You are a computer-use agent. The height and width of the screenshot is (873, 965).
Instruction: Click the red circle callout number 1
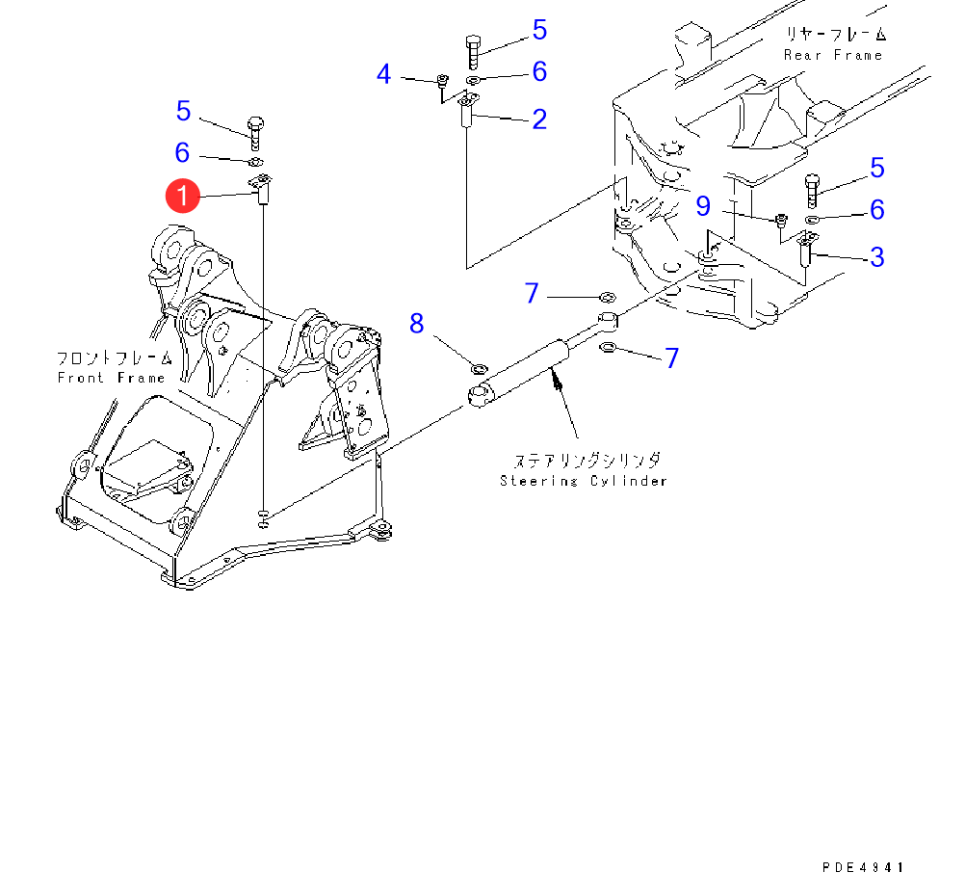(183, 196)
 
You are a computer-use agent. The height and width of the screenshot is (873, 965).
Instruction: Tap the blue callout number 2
(539, 119)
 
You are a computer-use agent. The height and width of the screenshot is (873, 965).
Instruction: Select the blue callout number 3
(877, 257)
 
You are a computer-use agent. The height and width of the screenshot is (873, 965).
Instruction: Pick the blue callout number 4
(383, 74)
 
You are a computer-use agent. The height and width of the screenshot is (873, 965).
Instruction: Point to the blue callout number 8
(417, 324)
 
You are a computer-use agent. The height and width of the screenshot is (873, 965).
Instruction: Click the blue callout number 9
(703, 206)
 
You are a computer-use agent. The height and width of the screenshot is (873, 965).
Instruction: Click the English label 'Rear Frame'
(833, 56)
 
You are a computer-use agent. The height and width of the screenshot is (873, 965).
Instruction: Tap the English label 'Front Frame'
(111, 378)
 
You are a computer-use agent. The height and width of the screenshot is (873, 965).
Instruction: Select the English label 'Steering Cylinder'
(583, 481)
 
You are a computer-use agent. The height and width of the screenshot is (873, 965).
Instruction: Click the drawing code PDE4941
(863, 867)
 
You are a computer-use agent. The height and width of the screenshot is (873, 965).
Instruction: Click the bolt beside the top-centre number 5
(473, 52)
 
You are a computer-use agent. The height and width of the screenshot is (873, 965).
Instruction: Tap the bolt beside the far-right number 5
(812, 191)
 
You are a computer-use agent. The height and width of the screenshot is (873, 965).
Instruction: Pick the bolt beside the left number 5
(255, 133)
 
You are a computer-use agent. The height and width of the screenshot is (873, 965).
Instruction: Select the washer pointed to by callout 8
(479, 369)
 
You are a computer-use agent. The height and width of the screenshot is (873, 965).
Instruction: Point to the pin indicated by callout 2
(467, 110)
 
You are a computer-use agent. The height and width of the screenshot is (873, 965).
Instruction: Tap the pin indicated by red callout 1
(262, 190)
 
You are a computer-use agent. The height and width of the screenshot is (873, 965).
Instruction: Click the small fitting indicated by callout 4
(441, 80)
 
